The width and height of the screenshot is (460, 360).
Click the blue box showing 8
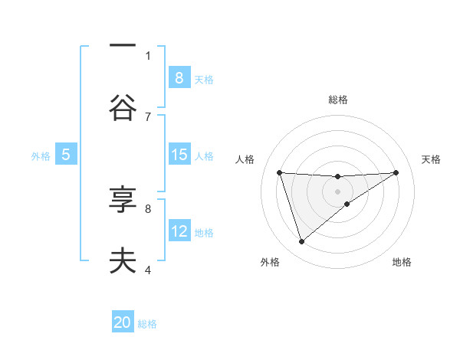[x=179, y=77]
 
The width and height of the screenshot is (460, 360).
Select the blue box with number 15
[x=179, y=155]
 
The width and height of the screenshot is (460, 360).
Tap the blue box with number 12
[x=179, y=231]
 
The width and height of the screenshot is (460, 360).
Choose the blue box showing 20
[x=123, y=322]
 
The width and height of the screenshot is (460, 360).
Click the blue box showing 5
[x=66, y=155]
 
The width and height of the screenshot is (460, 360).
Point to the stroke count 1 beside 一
[x=148, y=55]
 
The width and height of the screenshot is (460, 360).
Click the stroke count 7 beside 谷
[x=148, y=116]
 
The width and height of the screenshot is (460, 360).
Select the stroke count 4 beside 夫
[x=148, y=270]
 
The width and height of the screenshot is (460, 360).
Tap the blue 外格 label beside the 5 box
[x=41, y=155]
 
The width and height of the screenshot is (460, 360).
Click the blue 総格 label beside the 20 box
[x=147, y=324]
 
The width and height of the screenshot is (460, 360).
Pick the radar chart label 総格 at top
[x=337, y=100]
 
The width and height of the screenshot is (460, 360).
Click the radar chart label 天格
[x=431, y=159]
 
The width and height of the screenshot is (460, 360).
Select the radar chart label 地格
[x=402, y=262]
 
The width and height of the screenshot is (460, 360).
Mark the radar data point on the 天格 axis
[x=396, y=172]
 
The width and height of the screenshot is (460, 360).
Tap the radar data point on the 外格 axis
[x=301, y=242]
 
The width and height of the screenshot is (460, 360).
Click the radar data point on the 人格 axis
[x=279, y=172]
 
